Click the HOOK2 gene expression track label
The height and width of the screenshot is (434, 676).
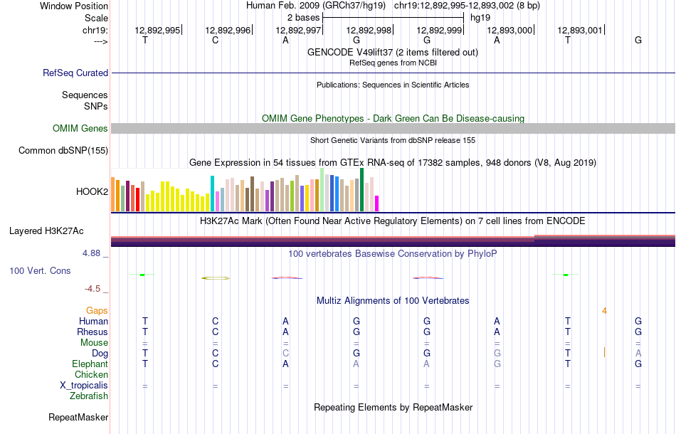click(92, 191)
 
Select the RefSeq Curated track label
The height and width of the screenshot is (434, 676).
click(75, 73)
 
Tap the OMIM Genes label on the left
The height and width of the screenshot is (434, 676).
click(80, 129)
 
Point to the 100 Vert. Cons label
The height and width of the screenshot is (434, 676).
click(40, 271)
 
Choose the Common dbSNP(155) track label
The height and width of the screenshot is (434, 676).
click(63, 150)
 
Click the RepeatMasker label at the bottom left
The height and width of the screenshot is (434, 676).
click(78, 417)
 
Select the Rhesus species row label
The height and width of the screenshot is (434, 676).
click(93, 332)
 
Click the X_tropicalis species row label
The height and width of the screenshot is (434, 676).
click(84, 385)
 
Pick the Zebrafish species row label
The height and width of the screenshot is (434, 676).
click(89, 396)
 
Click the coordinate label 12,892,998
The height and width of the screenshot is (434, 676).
click(369, 30)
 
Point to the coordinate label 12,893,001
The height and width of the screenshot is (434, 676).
click(580, 30)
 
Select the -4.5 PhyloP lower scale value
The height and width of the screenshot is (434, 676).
click(93, 289)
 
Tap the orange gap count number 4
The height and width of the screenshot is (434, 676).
click(604, 310)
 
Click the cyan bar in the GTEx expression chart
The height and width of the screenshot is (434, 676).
click(212, 193)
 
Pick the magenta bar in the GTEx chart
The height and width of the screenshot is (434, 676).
click(377, 203)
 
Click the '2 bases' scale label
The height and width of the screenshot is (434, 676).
click(303, 17)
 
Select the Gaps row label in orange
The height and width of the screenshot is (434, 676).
click(97, 310)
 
